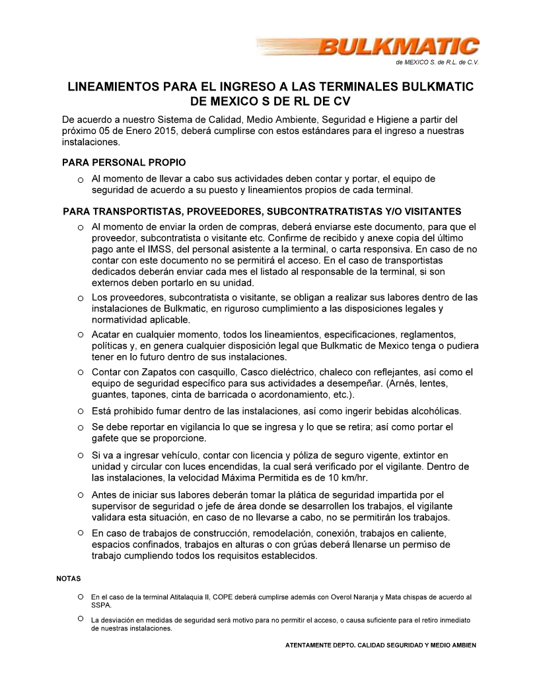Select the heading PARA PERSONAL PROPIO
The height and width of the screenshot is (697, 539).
(124, 162)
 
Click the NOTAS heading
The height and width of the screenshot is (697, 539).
(69, 579)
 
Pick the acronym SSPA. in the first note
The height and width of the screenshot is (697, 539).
(102, 605)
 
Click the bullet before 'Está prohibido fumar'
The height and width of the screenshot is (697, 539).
(80, 411)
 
